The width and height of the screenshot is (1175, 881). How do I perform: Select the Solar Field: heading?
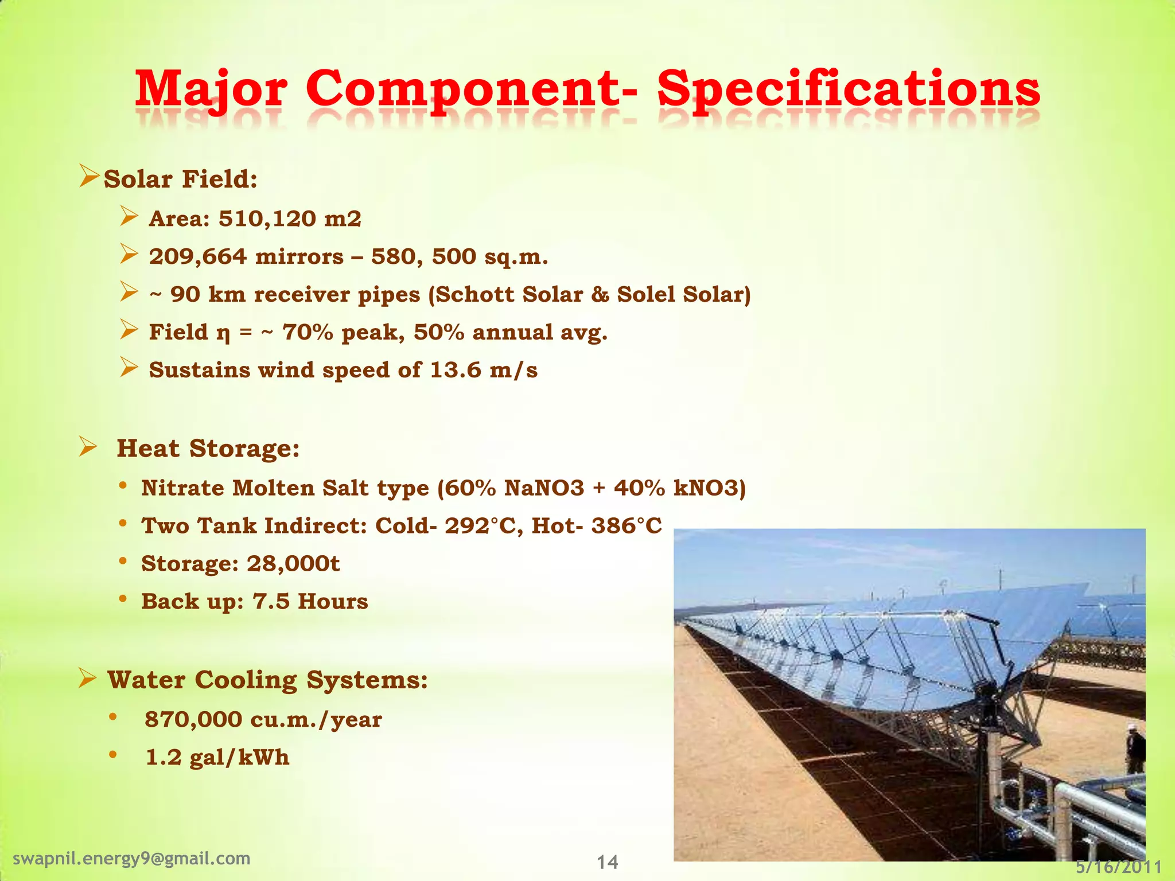(x=180, y=179)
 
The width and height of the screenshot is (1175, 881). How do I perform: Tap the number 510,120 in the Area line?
(x=267, y=219)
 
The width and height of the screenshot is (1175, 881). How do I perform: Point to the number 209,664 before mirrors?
(x=198, y=256)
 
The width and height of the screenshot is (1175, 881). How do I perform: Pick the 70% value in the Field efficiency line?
(x=308, y=332)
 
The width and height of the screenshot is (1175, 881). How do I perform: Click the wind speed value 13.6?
(x=456, y=370)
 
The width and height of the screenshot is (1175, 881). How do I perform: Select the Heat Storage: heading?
(x=208, y=448)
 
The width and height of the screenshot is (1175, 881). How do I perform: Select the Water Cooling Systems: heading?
(x=267, y=680)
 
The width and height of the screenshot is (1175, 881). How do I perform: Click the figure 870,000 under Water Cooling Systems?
(x=193, y=719)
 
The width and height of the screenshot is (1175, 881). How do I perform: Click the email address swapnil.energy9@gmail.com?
(x=131, y=858)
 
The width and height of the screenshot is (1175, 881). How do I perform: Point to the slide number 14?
(x=607, y=862)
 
